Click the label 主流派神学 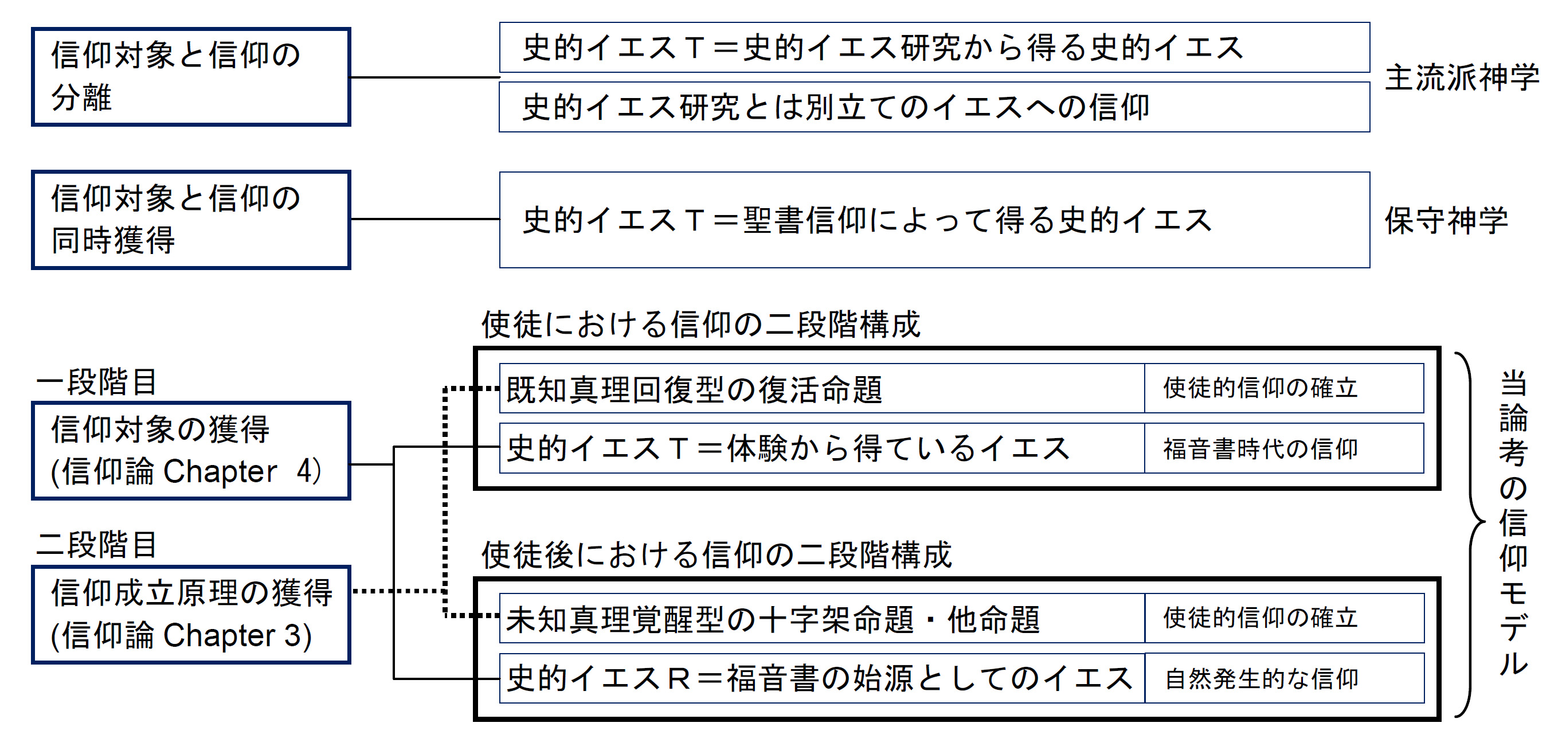pos(1461,77)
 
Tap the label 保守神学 pos(1446,220)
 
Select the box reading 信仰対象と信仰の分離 pos(191,76)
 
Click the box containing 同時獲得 pos(191,220)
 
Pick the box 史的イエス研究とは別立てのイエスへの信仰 pos(934,107)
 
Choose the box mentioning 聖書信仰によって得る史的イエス pos(934,220)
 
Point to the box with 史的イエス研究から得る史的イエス pos(934,48)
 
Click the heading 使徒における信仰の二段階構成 pos(700,324)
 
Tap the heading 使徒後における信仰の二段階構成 pos(716,554)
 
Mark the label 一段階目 pos(97,382)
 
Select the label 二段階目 pos(97,544)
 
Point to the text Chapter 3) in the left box pos(237,635)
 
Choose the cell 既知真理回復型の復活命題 pos(821,389)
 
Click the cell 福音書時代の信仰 pos(1283,448)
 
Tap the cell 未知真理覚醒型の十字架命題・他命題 pos(821,619)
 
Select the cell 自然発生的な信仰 pos(1283,678)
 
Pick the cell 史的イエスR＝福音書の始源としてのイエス pos(821,678)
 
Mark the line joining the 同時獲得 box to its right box pos(424,219)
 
